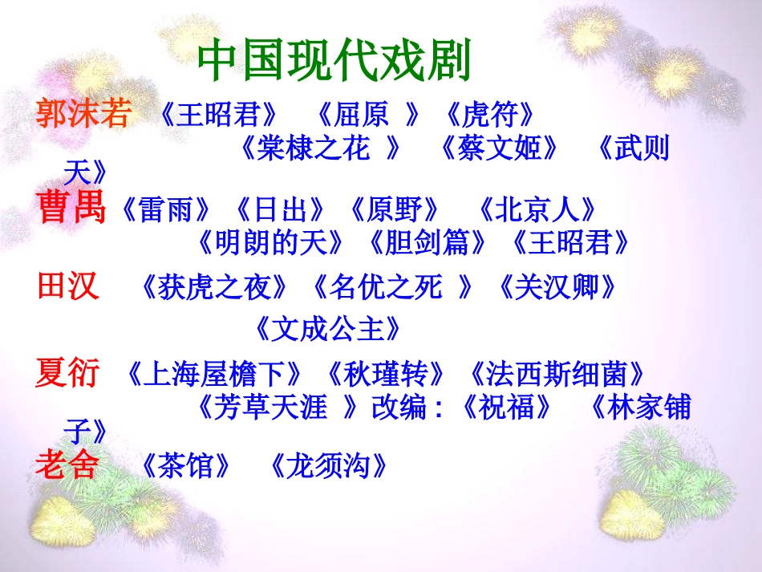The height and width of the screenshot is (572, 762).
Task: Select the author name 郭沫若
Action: [x=82, y=115]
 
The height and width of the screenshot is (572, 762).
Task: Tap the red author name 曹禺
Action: [x=71, y=209]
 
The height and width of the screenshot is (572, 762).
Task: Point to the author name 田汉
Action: [x=68, y=286]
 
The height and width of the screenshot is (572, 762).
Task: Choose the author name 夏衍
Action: [x=68, y=373]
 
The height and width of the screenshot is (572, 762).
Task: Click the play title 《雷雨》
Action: [x=168, y=210]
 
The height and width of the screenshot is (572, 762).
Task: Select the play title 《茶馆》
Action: [x=187, y=466]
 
